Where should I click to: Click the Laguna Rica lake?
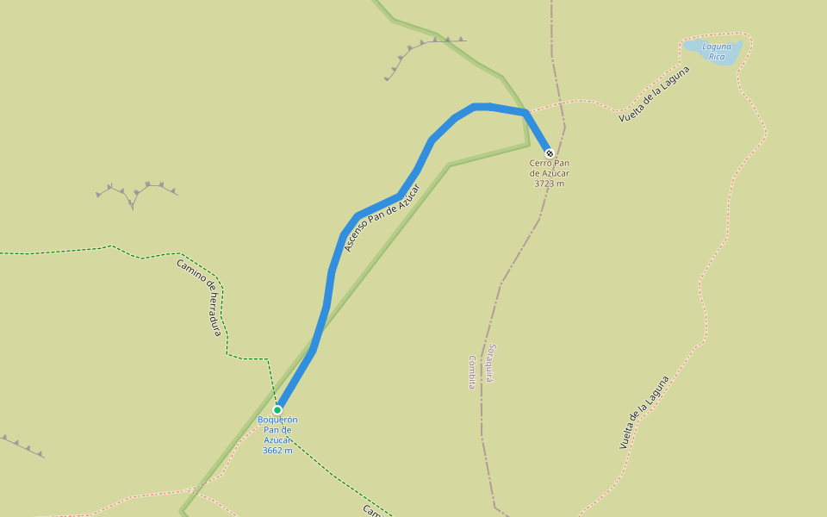click(712, 52)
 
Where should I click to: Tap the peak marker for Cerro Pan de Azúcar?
click(550, 153)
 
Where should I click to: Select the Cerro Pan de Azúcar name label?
click(550, 168)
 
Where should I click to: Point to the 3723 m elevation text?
click(550, 184)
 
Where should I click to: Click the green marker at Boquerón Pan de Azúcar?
click(277, 410)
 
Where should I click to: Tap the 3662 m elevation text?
click(277, 451)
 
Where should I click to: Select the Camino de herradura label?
click(200, 297)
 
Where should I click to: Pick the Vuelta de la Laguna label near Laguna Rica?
click(654, 93)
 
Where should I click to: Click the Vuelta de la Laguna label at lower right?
click(644, 414)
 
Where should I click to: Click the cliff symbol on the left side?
click(135, 191)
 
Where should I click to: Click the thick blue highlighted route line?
click(332, 276)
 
